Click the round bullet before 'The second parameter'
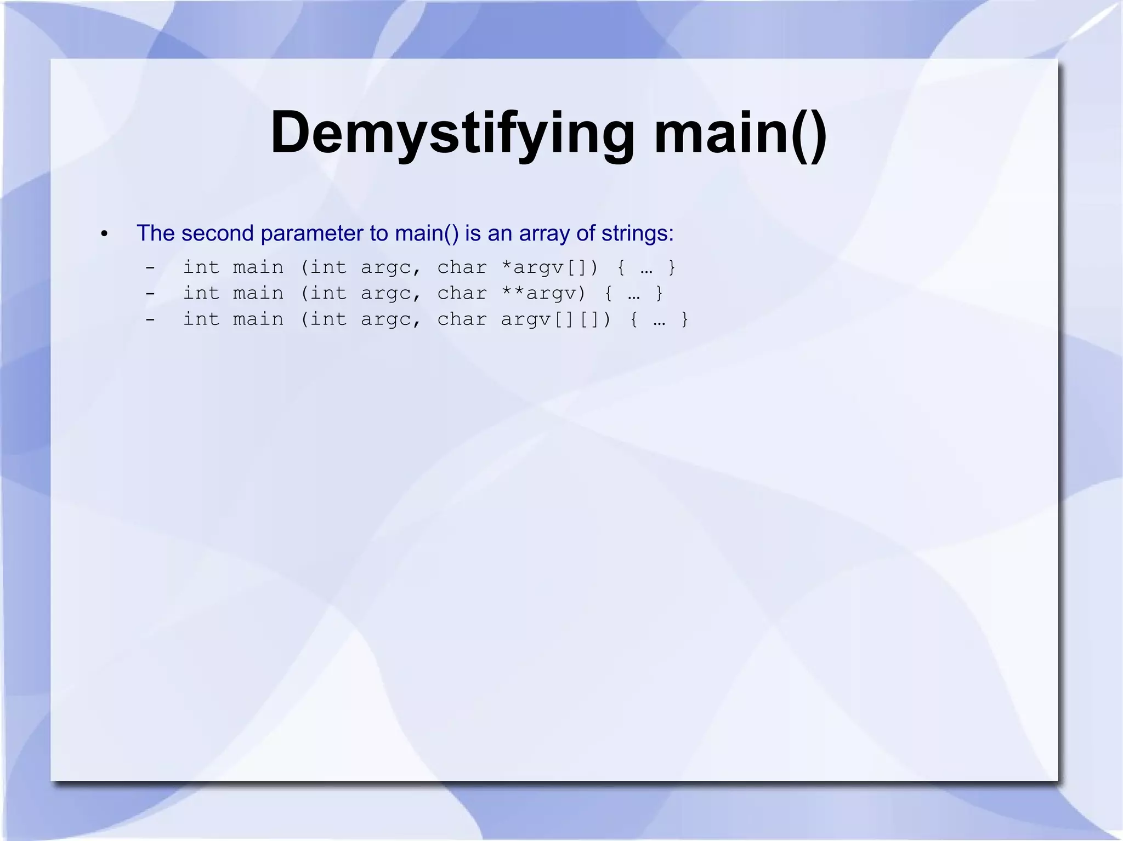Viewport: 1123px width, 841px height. click(x=104, y=234)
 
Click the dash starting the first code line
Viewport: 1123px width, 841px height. click(x=150, y=267)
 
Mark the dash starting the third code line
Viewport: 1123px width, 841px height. click(x=150, y=319)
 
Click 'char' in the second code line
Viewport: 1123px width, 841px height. click(x=462, y=293)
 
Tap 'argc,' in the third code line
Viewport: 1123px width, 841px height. click(x=391, y=319)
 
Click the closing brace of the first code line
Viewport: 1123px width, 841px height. click(x=672, y=267)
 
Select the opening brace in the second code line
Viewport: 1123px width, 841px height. click(x=608, y=293)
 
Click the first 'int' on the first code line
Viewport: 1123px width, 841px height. click(x=201, y=267)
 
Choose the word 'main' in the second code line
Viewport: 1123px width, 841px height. click(x=258, y=293)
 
